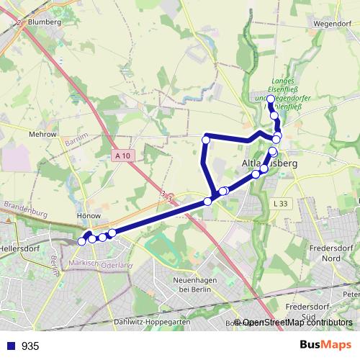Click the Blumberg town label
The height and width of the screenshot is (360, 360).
click(44, 22)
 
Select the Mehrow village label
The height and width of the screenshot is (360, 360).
click(42, 135)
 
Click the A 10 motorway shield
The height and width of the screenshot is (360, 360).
click(122, 156)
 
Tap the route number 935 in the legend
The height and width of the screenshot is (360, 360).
click(30, 346)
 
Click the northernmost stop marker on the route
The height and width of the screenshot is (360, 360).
click(271, 99)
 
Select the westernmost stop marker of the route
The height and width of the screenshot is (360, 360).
click(81, 241)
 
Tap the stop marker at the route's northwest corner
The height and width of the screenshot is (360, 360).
click(206, 139)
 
